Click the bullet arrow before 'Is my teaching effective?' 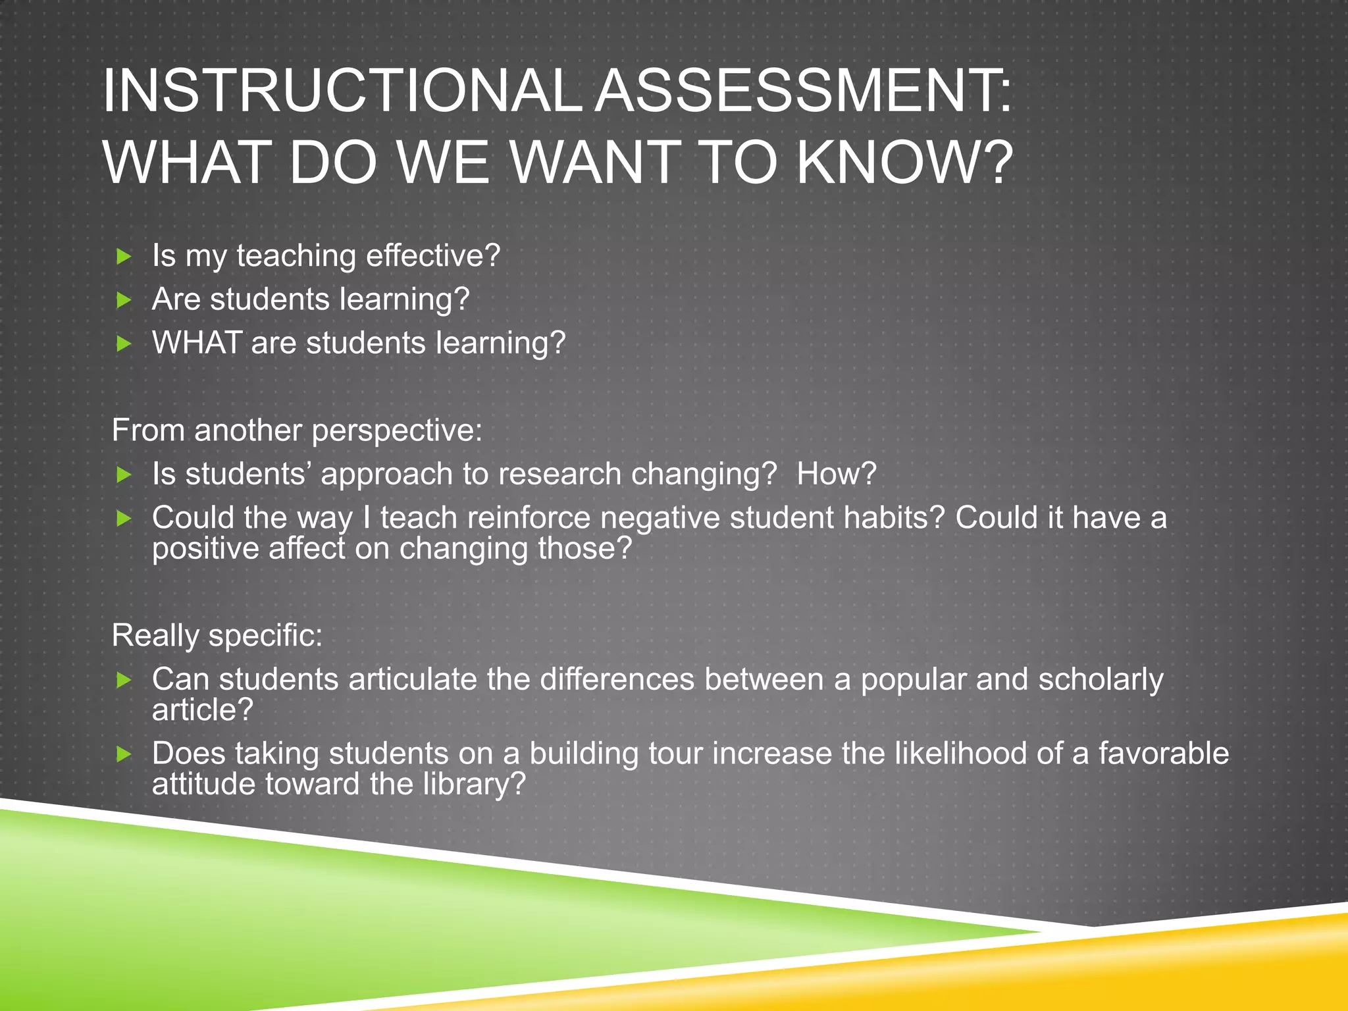[x=124, y=257]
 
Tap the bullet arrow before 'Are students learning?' [x=124, y=301]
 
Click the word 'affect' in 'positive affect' [x=307, y=548]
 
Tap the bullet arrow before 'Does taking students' [x=124, y=754]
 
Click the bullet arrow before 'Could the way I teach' [x=124, y=519]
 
